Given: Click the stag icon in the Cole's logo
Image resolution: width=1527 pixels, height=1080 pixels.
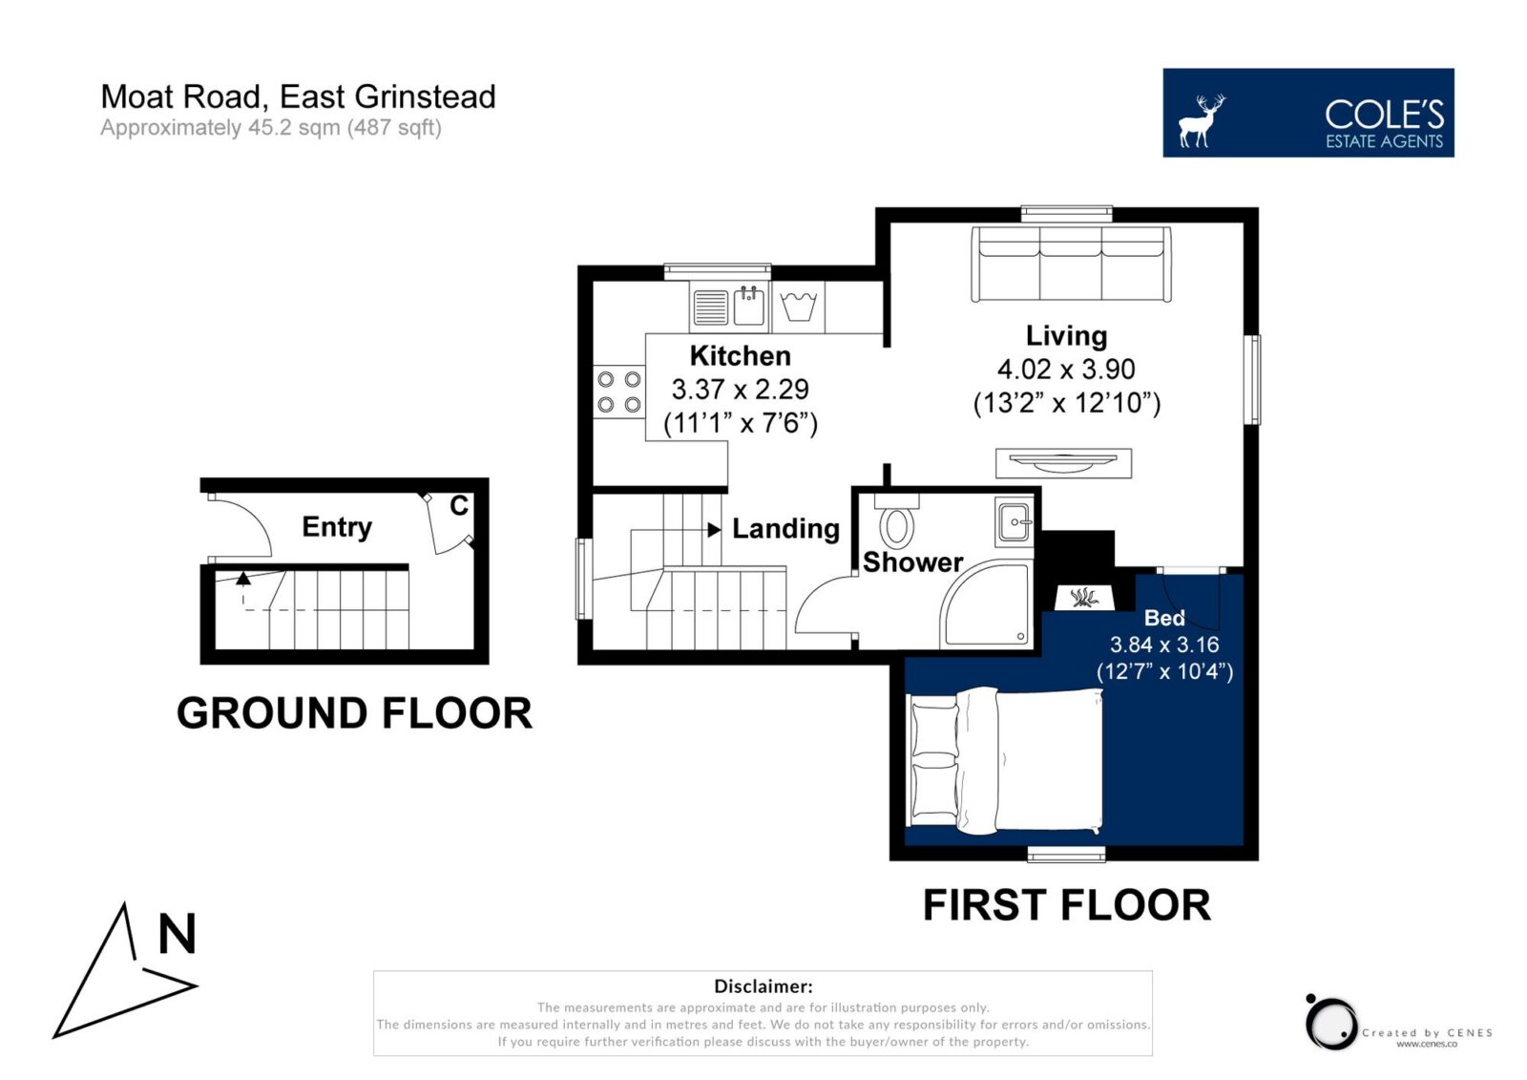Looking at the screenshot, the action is [1202, 120].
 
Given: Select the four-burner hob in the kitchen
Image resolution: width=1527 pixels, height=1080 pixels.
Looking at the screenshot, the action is [619, 392].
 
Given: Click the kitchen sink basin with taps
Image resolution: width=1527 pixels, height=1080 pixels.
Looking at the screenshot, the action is [748, 307].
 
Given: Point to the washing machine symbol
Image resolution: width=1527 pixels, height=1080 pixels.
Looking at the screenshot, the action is [798, 307].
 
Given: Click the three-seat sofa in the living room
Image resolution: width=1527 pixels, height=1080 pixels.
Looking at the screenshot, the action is [1071, 264].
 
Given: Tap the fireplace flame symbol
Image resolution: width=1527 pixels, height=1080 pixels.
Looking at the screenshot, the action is [1084, 598].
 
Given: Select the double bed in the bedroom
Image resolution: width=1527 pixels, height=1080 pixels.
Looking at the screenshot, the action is [1006, 761].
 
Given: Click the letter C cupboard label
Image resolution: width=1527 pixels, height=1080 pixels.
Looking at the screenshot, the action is [459, 505].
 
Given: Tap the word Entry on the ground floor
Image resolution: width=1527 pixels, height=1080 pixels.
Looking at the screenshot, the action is [337, 527].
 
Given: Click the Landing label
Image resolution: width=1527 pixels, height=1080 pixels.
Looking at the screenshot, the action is [785, 529].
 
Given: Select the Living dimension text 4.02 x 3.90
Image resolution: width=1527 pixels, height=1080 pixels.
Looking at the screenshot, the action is [1066, 370].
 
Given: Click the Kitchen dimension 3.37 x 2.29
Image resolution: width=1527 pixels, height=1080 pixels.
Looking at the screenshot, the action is [741, 389].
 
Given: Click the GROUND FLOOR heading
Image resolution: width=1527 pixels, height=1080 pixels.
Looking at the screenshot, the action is [354, 713].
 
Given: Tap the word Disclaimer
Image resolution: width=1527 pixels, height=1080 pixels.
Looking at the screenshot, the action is [763, 985].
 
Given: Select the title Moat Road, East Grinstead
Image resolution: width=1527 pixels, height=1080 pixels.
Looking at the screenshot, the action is [298, 96].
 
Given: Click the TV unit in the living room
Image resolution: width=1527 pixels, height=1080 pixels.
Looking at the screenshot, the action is [1063, 462].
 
